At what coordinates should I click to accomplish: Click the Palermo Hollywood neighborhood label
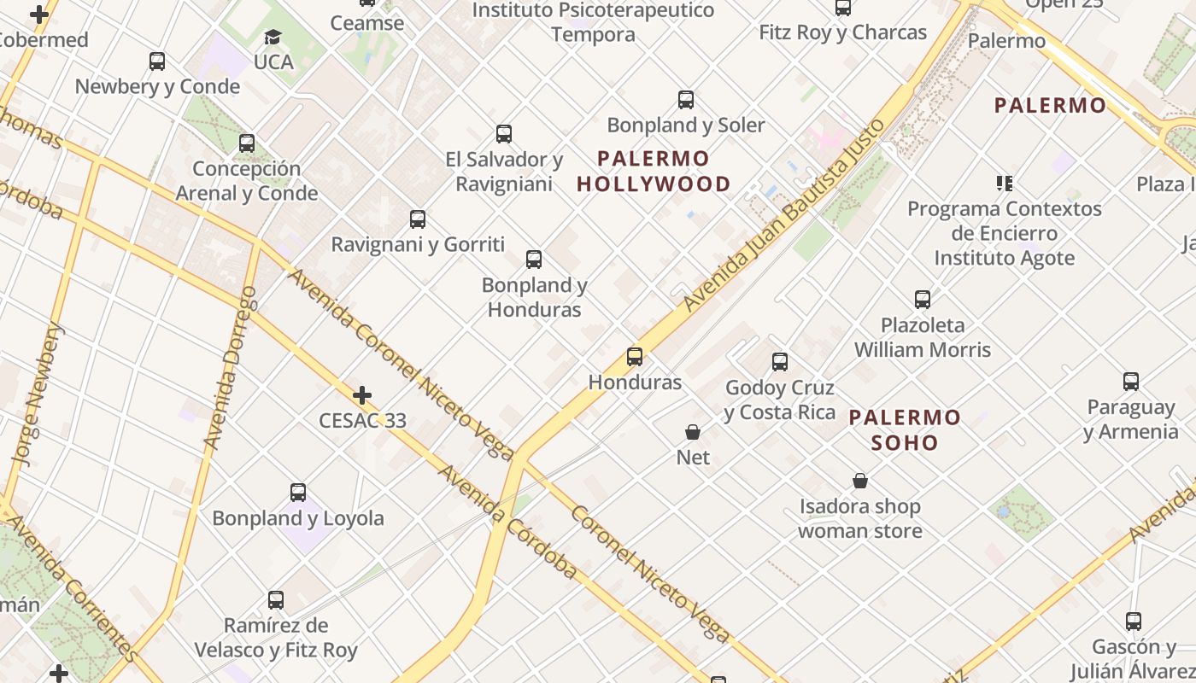coord(654,171)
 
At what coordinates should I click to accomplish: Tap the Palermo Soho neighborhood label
coord(905,429)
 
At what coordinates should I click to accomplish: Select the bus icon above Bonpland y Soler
coord(686,100)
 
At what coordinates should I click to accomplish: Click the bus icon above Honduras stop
coord(635,357)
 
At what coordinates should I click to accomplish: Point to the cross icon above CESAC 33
coord(362,395)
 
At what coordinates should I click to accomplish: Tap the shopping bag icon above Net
coord(693,433)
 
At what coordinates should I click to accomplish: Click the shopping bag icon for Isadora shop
coord(860,482)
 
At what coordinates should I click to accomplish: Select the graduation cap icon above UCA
coord(273,38)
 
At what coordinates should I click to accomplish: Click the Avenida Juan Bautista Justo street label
coord(783,216)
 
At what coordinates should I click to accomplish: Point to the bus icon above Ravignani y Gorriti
coord(418,219)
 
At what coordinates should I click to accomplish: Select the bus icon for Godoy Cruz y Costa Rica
coord(780,362)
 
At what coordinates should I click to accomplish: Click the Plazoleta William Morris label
coord(923,337)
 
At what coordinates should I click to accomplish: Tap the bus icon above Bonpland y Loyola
coord(298,493)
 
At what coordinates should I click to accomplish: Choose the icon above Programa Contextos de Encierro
coord(1005,183)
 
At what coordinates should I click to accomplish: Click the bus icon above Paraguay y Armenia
coord(1131,382)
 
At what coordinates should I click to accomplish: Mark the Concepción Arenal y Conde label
coord(247,181)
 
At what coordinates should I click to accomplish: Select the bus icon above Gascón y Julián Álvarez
coord(1134,622)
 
